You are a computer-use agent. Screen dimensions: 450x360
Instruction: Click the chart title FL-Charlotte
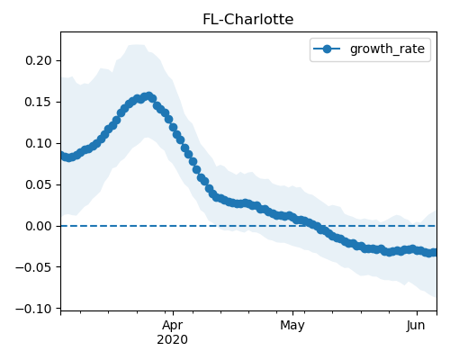pyautogui.click(x=248, y=20)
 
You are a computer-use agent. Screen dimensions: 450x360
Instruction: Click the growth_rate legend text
pyautogui.click(x=387, y=49)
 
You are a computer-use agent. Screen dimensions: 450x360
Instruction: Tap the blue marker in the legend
pyautogui.click(x=327, y=49)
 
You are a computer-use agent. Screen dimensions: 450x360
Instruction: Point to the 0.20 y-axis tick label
pyautogui.click(x=39, y=60)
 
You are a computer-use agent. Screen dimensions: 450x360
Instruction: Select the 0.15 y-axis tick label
pyautogui.click(x=39, y=102)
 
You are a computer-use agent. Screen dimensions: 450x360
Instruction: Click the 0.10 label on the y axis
pyautogui.click(x=39, y=143)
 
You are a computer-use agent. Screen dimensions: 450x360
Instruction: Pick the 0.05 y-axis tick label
pyautogui.click(x=39, y=184)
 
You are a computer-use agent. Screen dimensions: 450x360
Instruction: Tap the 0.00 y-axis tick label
pyautogui.click(x=39, y=226)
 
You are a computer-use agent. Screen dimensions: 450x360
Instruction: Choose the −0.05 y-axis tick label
pyautogui.click(x=34, y=267)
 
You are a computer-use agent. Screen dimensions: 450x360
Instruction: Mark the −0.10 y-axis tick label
pyautogui.click(x=34, y=309)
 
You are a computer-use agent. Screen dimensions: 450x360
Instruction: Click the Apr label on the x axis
pyautogui.click(x=173, y=326)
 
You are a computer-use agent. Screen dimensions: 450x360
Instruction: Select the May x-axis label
pyautogui.click(x=292, y=326)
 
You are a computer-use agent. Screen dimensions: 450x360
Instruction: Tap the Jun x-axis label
pyautogui.click(x=416, y=326)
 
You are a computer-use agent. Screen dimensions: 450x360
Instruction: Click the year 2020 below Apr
pyautogui.click(x=173, y=340)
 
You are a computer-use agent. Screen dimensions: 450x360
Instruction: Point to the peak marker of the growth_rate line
pyautogui.click(x=148, y=96)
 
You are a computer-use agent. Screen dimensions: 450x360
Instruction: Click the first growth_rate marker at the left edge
pyautogui.click(x=63, y=155)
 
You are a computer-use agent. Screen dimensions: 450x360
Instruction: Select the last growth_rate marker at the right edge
pyautogui.click(x=434, y=253)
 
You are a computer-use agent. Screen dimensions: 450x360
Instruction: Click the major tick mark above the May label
pyautogui.click(x=292, y=313)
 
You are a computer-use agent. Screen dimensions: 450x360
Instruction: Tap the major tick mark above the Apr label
pyautogui.click(x=173, y=313)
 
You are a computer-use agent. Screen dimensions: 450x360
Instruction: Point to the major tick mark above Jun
pyautogui.click(x=417, y=313)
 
